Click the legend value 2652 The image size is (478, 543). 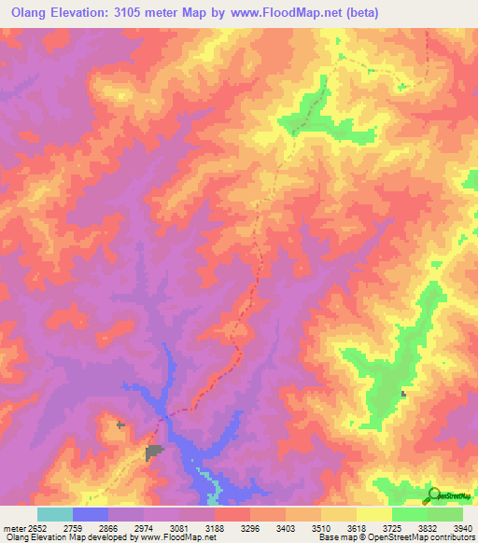pyautogui.click(x=36, y=528)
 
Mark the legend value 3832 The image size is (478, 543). pyautogui.click(x=427, y=528)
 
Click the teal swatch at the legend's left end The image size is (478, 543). pyautogui.click(x=54, y=514)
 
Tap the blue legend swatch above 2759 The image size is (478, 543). pyautogui.click(x=90, y=514)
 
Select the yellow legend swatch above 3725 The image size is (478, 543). pyautogui.click(x=373, y=514)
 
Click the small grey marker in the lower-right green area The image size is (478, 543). pyautogui.click(x=403, y=394)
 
